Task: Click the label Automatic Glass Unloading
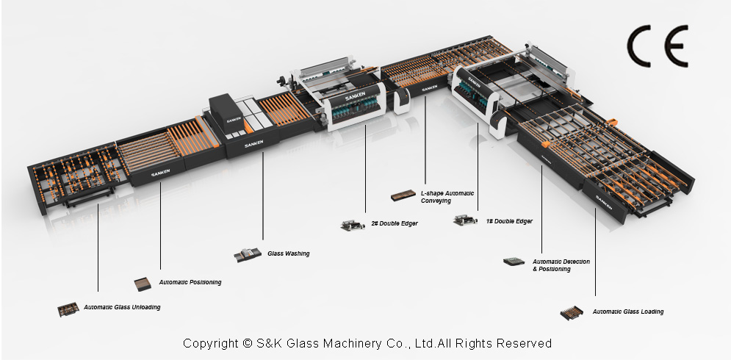pyautogui.click(x=122, y=307)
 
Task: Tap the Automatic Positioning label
pyautogui.click(x=190, y=282)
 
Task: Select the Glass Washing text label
pyautogui.click(x=288, y=253)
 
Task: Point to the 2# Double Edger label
pyautogui.click(x=394, y=223)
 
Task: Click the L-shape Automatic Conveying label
pyautogui.click(x=447, y=197)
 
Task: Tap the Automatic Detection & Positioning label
pyautogui.click(x=561, y=265)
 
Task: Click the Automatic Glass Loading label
pyautogui.click(x=627, y=312)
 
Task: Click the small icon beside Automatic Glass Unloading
pyautogui.click(x=68, y=309)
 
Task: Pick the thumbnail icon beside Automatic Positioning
pyautogui.click(x=143, y=283)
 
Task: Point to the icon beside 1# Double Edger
pyautogui.click(x=466, y=219)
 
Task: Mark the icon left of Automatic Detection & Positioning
pyautogui.click(x=514, y=262)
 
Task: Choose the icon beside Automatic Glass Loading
pyautogui.click(x=573, y=312)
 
